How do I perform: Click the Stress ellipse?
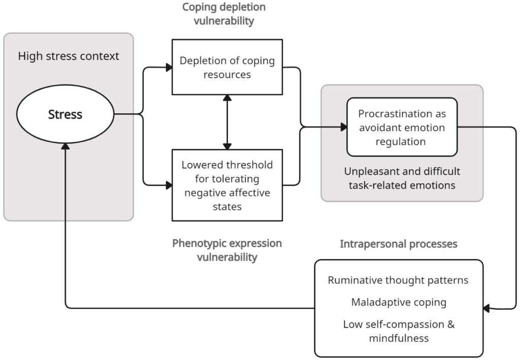65,115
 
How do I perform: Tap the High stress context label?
69,56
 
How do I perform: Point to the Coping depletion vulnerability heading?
224,14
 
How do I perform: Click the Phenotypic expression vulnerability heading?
227,250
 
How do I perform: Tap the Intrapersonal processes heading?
399,244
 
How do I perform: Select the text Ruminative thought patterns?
398,280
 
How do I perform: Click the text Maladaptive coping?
399,302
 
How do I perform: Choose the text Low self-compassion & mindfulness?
399,331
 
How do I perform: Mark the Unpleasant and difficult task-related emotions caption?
402,178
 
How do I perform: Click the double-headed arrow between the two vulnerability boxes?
227,122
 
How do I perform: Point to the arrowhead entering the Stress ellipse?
66,146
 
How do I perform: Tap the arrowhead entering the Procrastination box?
343,127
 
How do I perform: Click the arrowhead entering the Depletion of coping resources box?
168,66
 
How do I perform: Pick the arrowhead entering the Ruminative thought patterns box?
486,308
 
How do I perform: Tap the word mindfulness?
399,338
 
